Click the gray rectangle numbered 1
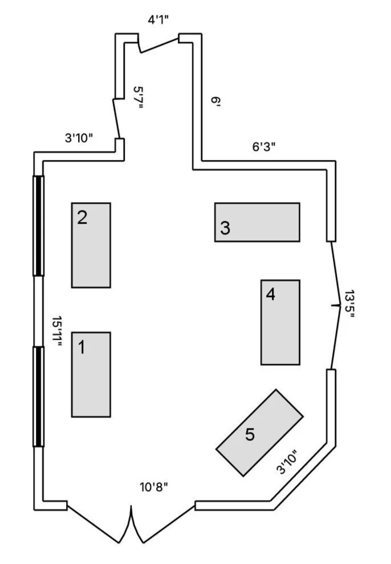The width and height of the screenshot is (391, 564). pos(91,374)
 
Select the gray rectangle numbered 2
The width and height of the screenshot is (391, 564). pos(91,245)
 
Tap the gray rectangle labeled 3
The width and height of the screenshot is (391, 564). pos(256,222)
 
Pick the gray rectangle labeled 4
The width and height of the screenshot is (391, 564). pos(280,322)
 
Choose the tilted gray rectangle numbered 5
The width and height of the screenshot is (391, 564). pos(259,433)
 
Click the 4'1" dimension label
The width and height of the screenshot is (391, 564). pos(158,20)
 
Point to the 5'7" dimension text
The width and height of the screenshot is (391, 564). pos(138,97)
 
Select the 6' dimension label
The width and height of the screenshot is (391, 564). pos(215,102)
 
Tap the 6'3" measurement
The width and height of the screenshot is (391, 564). pos(264,146)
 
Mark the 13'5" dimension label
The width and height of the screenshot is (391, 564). pos(349,305)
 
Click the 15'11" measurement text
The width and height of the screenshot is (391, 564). pos(57,333)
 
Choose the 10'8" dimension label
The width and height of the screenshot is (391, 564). pos(154,487)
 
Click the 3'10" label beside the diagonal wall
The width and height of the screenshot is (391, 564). pos(287,462)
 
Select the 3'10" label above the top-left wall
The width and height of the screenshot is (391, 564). pos(78,137)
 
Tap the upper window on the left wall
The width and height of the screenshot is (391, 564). pos(38,226)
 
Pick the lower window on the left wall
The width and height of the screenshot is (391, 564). pos(38,396)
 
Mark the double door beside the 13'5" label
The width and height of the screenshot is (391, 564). pos(336,305)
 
